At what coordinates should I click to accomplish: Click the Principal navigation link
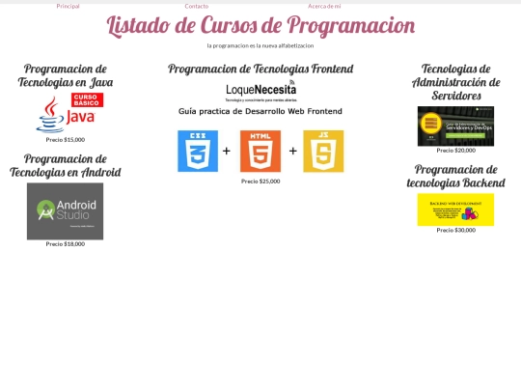pyautogui.click(x=68, y=6)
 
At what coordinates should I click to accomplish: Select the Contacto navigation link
pyautogui.click(x=197, y=6)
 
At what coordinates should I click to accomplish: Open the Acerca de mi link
pyautogui.click(x=324, y=6)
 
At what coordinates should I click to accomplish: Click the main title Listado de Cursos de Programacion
pyautogui.click(x=260, y=26)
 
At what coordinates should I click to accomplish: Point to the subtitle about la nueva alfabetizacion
pyautogui.click(x=260, y=45)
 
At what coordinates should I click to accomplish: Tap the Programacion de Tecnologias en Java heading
pyautogui.click(x=66, y=75)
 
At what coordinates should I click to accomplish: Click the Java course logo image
pyautogui.click(x=69, y=114)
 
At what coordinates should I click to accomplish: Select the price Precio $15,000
pyautogui.click(x=66, y=140)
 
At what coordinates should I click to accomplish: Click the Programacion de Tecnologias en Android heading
pyautogui.click(x=66, y=165)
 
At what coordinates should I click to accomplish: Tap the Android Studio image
pyautogui.click(x=65, y=210)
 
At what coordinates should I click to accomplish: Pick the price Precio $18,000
pyautogui.click(x=66, y=244)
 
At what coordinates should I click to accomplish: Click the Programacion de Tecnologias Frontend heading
pyautogui.click(x=260, y=69)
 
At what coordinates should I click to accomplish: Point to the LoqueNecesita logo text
pyautogui.click(x=260, y=90)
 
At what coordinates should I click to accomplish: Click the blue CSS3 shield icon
pyautogui.click(x=198, y=151)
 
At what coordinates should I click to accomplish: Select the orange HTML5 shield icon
pyautogui.click(x=260, y=151)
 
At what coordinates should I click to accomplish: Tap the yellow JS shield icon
pyautogui.click(x=323, y=151)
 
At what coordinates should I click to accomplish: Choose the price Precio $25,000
pyautogui.click(x=260, y=182)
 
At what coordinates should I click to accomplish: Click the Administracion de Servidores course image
pyautogui.click(x=455, y=126)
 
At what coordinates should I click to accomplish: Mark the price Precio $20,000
pyautogui.click(x=455, y=151)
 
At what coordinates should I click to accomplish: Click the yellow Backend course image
pyautogui.click(x=455, y=209)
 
